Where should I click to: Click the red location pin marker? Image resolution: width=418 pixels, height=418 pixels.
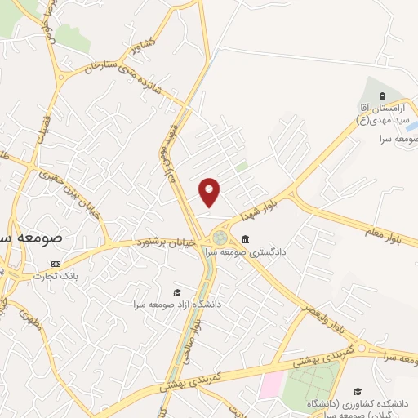click(x=211, y=192)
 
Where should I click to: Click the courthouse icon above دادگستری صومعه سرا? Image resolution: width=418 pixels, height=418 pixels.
click(x=246, y=238)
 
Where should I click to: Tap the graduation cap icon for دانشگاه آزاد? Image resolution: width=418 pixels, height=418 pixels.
click(x=177, y=292)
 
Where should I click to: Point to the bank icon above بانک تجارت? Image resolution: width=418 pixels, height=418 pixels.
click(x=56, y=265)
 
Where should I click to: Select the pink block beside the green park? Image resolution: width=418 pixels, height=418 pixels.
click(x=272, y=385)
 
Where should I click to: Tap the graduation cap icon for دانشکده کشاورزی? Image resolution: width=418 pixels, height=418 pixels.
click(x=358, y=392)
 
